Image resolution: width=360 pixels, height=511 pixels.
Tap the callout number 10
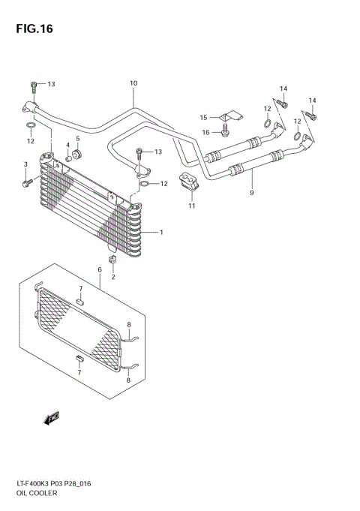[133, 83]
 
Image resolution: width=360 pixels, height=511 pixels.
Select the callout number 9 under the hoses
[252, 194]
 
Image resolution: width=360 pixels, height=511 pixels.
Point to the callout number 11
[191, 206]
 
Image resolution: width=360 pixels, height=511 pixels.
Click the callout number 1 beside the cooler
[160, 232]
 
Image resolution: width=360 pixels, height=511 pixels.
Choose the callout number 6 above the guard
[98, 269]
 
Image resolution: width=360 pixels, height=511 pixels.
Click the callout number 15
[203, 118]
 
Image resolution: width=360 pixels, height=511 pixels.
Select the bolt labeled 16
[225, 132]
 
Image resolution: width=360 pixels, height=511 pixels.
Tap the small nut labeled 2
[112, 260]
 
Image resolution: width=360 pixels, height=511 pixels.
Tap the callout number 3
[25, 164]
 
